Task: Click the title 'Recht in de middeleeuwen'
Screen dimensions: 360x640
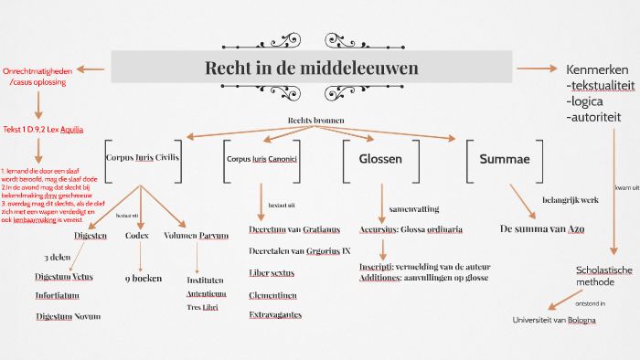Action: [312, 69]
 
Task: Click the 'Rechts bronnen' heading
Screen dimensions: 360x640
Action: [315, 121]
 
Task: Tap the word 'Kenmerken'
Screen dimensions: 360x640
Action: [597, 69]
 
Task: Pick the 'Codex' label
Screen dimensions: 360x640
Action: [137, 235]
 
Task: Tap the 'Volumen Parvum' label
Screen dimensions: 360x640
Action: [196, 235]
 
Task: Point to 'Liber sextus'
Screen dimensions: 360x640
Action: [272, 272]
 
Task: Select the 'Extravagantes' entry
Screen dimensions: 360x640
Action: [275, 314]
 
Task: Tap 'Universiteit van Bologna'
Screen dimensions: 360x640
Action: [554, 320]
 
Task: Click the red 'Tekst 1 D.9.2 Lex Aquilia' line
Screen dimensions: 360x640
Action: [43, 130]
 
